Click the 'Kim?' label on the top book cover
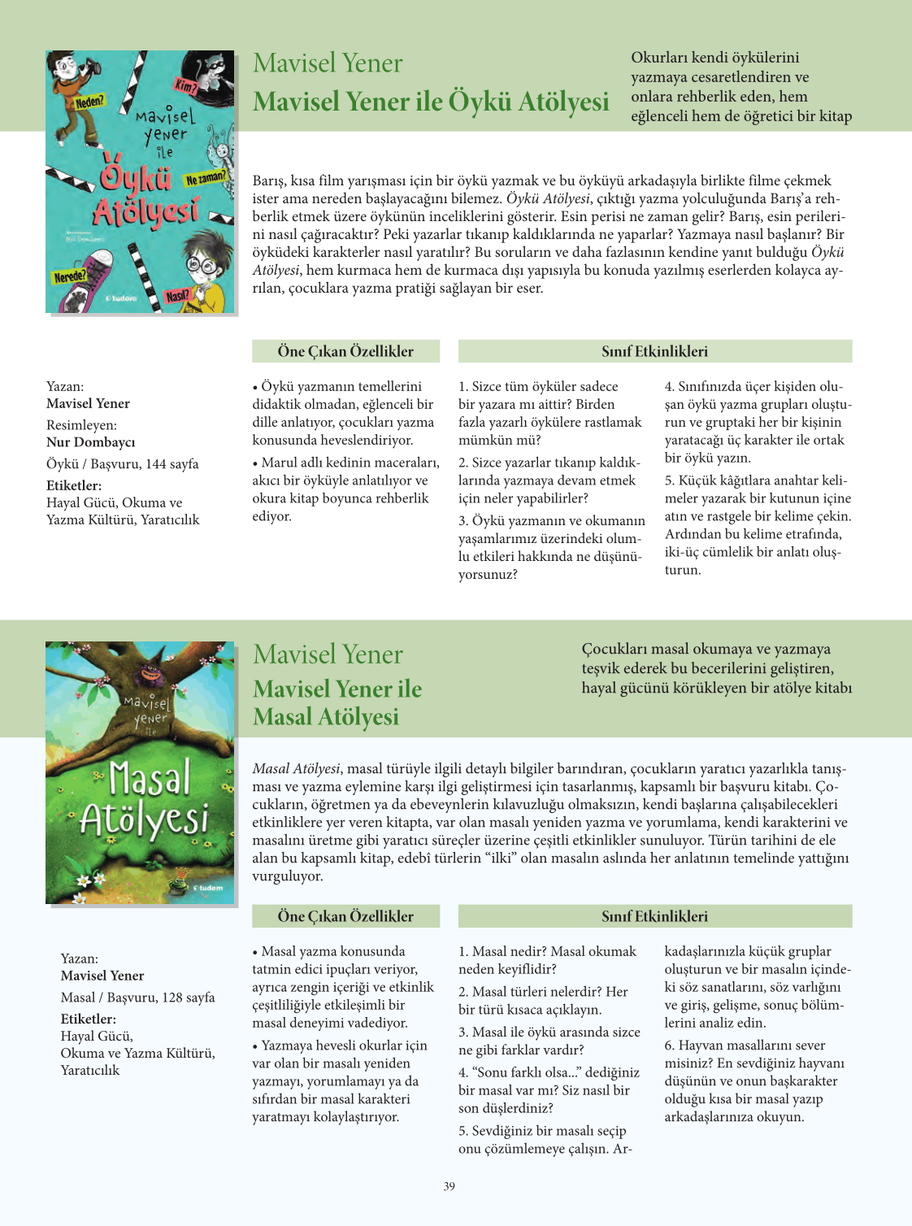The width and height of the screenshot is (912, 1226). coord(186,85)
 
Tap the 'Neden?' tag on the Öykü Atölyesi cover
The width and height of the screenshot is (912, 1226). coord(89,102)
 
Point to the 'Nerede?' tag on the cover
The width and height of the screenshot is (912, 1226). coord(70,276)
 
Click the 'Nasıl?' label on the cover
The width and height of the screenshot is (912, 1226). coord(177,296)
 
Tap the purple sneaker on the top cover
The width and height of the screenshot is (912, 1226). coord(84,284)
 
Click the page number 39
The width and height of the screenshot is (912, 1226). coord(449,1186)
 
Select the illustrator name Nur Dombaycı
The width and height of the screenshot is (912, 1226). coord(91,442)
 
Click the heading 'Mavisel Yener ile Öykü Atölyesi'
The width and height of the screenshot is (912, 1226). coord(431,102)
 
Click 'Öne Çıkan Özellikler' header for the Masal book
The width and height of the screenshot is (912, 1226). coord(345,916)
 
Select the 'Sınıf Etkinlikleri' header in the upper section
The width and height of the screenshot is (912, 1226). coord(654,351)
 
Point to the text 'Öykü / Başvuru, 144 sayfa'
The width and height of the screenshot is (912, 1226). coord(122,464)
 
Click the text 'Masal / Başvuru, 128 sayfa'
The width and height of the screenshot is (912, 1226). coord(137,998)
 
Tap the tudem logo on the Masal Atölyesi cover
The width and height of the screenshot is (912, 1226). coord(208,888)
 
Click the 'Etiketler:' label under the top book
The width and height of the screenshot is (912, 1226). coord(74,485)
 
